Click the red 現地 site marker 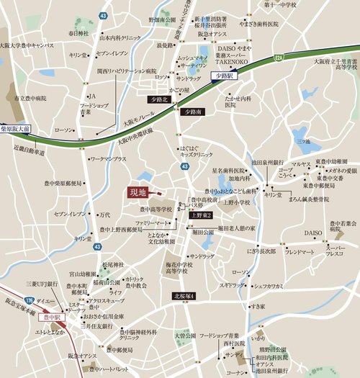[138, 192]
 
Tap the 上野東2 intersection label [201, 215]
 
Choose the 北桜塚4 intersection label [189, 296]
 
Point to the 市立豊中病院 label [30, 98]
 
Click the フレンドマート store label [300, 253]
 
